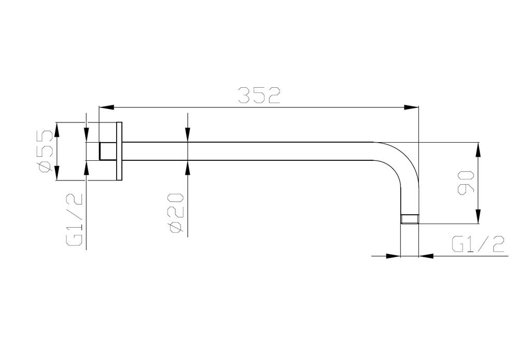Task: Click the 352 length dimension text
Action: [259, 95]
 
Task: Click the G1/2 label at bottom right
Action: [478, 244]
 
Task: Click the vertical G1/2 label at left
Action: [75, 218]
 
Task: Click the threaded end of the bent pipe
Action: [410, 219]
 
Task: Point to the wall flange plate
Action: [120, 151]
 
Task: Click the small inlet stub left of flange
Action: [107, 151]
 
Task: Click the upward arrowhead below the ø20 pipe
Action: [187, 168]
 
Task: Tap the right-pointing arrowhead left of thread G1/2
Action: [395, 255]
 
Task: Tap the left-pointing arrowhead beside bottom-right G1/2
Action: [425, 255]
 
